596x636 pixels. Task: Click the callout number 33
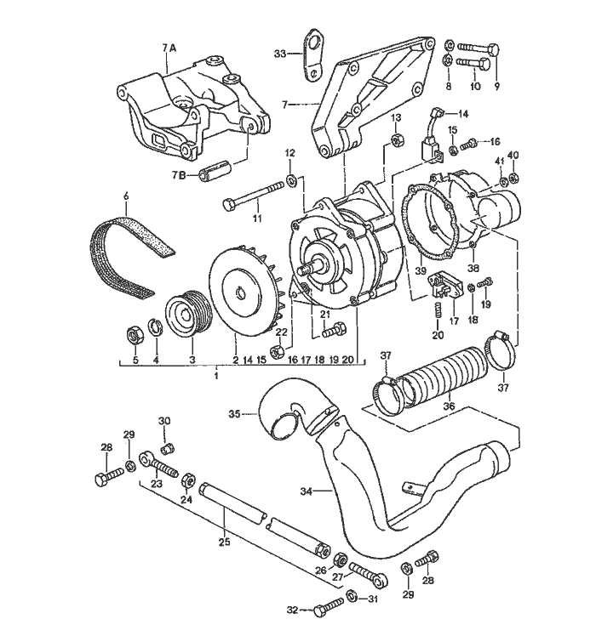(280, 53)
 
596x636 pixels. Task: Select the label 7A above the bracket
(168, 48)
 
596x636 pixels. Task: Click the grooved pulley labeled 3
(190, 316)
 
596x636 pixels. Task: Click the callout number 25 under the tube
(225, 541)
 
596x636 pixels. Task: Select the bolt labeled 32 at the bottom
(323, 610)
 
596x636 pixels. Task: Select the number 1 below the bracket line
(216, 374)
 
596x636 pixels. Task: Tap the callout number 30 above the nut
(165, 421)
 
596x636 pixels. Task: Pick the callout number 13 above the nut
(395, 116)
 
